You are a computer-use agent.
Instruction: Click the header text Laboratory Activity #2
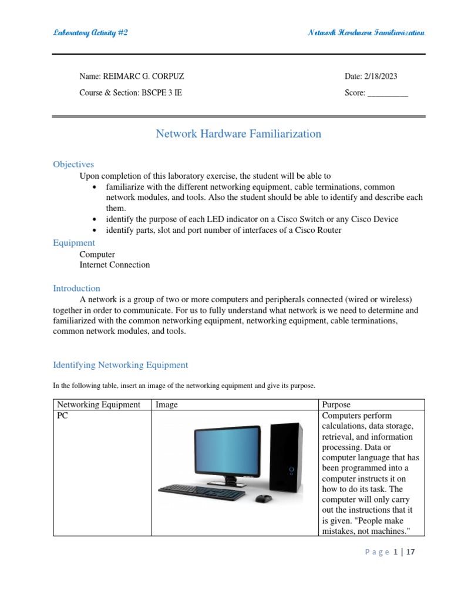(x=90, y=33)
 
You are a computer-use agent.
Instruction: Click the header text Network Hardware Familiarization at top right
(x=366, y=33)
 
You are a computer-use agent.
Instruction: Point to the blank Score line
(x=387, y=93)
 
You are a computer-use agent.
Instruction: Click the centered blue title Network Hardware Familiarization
(x=238, y=134)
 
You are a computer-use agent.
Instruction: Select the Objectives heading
(x=73, y=165)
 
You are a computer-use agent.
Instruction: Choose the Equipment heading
(x=74, y=243)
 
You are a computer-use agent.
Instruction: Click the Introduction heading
(x=76, y=289)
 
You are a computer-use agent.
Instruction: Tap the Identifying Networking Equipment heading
(x=120, y=365)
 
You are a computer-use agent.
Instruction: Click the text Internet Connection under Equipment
(x=115, y=265)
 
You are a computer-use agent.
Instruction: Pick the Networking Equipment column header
(x=99, y=404)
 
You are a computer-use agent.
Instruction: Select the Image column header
(x=167, y=404)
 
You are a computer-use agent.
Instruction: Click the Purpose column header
(x=336, y=404)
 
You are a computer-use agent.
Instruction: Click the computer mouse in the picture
(x=264, y=499)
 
